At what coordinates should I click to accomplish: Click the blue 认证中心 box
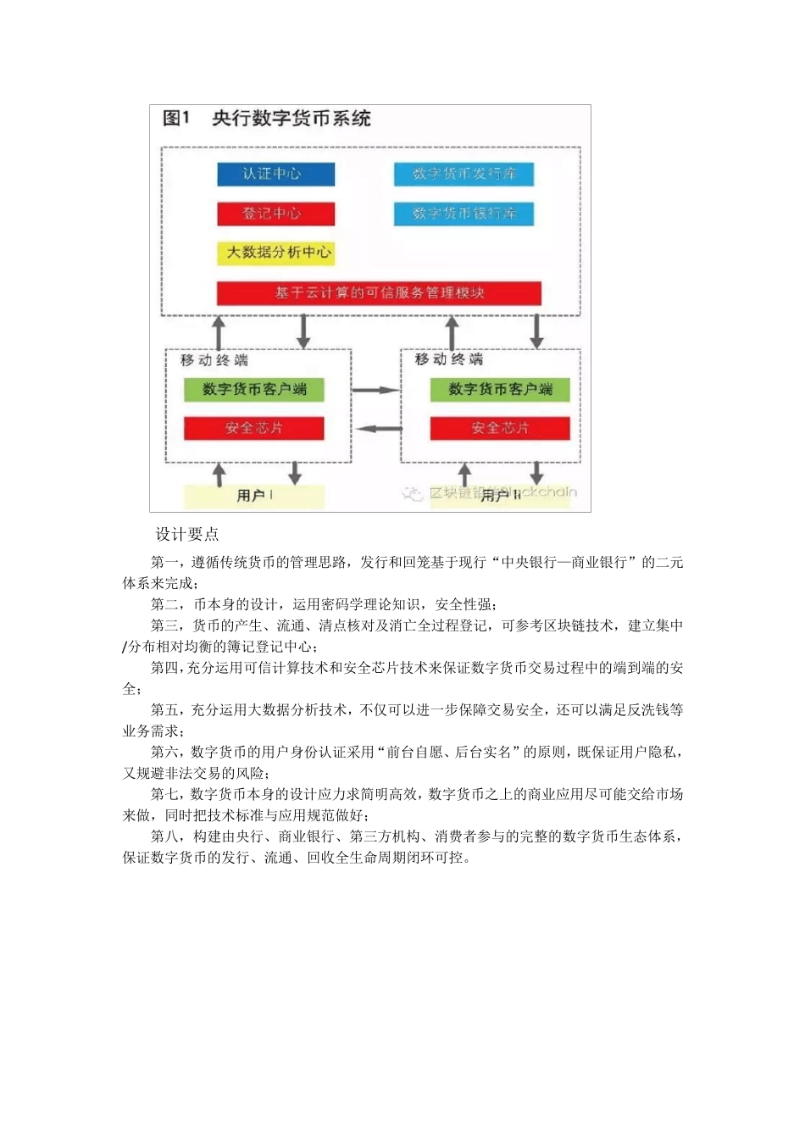pos(275,174)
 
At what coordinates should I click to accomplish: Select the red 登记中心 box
pos(275,214)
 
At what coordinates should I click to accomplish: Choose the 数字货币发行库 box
pos(464,174)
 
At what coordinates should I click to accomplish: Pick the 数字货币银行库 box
pos(464,214)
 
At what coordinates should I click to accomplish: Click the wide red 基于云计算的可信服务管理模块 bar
pos(379,293)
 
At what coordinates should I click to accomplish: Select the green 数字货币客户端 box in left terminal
pos(254,389)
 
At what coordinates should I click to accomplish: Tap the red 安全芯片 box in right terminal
pos(500,428)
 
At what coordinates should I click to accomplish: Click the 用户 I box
pos(254,496)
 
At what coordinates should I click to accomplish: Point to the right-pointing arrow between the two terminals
pos(375,390)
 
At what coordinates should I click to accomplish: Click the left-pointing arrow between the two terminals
pos(378,429)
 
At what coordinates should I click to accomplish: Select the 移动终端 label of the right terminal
pos(448,359)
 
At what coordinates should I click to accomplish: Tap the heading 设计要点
pos(187,535)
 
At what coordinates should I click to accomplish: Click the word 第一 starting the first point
pos(164,563)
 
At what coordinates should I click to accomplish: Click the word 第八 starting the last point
pos(164,836)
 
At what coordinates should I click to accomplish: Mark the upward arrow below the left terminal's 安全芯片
pos(219,474)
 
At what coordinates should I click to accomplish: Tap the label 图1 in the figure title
pos(176,119)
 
